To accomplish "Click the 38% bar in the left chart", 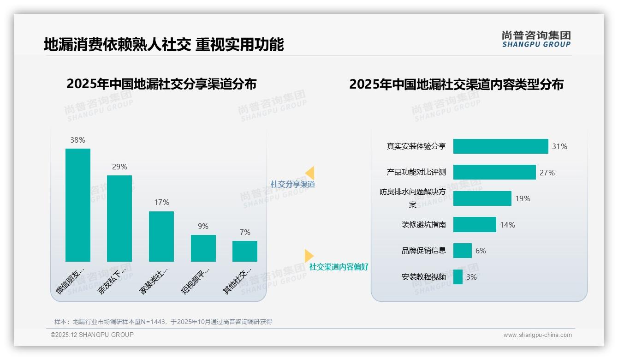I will tap(78, 205).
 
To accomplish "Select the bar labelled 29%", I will tap(119, 218).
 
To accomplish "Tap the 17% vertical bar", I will tap(161, 236).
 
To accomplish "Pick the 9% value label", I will tap(203, 226).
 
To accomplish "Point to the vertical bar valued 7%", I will tap(245, 251).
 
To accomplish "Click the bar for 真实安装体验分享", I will tap(500, 146).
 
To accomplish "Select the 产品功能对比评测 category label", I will tap(416, 173).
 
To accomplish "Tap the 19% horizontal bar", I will tap(482, 198).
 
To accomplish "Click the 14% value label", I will tap(508, 225).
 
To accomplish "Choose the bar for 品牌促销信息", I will tap(462, 251).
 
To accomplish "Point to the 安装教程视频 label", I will tap(424, 277).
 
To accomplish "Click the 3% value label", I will tap(472, 277).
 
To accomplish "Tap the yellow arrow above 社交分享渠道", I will tap(310, 173).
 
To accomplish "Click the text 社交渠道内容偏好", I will tap(339, 267).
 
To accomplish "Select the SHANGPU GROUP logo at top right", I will tap(536, 39).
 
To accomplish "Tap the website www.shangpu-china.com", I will tap(537, 335).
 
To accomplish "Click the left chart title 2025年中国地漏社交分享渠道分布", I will tap(161, 84).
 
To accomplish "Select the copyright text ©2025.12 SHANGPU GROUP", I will tap(92, 335).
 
